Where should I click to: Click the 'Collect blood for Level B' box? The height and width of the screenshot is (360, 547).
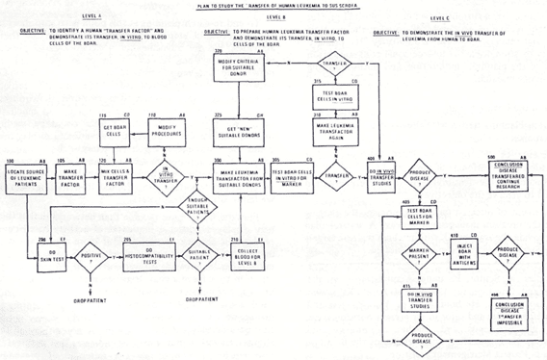pyautogui.click(x=246, y=256)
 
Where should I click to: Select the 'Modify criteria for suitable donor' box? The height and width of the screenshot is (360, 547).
pyautogui.click(x=246, y=69)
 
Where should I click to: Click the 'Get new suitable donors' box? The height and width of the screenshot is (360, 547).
pyautogui.click(x=246, y=132)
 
